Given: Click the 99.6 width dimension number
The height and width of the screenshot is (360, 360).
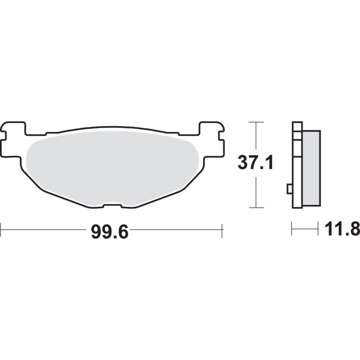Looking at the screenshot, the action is tap(109, 232).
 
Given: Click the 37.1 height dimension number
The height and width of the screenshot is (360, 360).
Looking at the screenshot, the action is tap(255, 162).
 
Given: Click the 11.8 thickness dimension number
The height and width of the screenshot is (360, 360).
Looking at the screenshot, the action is tap(342, 229).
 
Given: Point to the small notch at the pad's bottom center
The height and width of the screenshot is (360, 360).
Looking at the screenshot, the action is tap(112, 205).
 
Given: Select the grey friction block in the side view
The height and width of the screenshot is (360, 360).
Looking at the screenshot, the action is tap(311, 168).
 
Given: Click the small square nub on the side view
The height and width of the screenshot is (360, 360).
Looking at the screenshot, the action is tap(289, 189).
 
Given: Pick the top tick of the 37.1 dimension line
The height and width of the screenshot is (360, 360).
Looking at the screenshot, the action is tap(256, 122).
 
